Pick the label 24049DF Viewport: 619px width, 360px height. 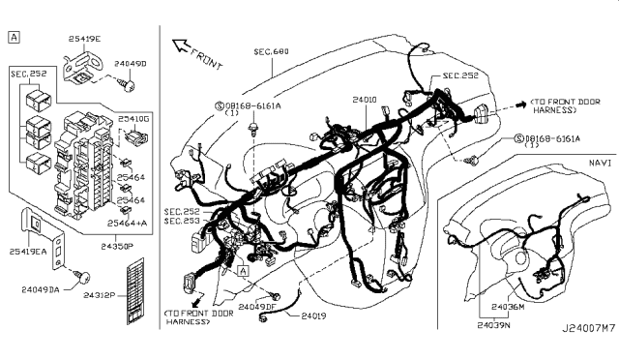(x=257, y=307)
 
